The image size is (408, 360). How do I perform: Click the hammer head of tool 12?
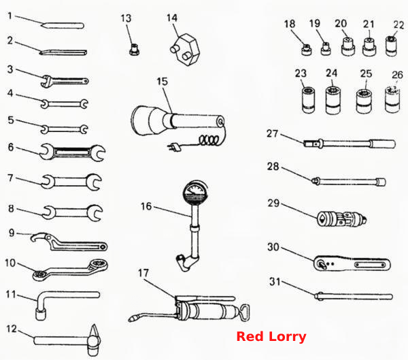point(94,340)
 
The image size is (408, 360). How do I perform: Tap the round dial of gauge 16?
point(196,193)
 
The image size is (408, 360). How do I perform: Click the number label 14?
point(172,18)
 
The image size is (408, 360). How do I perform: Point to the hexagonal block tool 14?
point(185,49)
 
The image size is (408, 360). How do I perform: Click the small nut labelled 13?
point(134,49)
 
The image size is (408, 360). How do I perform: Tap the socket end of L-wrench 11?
point(41,314)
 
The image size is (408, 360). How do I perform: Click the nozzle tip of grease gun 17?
point(132,319)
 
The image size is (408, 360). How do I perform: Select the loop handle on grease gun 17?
point(244,312)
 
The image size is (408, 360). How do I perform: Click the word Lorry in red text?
point(287,337)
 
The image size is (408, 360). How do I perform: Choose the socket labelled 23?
point(308,100)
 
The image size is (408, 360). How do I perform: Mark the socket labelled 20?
point(348,46)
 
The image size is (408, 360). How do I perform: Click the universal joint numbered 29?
point(341,218)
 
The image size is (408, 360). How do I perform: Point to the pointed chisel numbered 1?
point(63,26)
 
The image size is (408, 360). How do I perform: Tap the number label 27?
point(273,133)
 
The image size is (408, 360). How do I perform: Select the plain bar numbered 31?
point(354,297)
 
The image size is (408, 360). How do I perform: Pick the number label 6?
point(11,147)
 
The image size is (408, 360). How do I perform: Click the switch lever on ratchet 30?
point(322,265)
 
